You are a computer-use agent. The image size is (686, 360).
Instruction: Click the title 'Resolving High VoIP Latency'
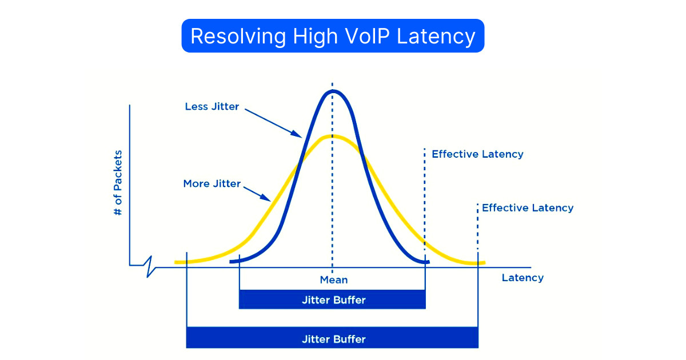333,36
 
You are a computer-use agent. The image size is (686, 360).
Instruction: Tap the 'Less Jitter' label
212,107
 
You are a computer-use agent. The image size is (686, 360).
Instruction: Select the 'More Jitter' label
212,184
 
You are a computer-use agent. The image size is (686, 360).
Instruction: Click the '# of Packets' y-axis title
118,183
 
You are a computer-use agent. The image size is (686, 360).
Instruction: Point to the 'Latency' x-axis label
523,278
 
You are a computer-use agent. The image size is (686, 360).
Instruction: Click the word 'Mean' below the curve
333,280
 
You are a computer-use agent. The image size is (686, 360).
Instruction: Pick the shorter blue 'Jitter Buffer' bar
333,300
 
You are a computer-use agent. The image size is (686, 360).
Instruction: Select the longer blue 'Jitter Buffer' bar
333,339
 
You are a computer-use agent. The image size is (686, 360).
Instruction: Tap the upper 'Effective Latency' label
477,154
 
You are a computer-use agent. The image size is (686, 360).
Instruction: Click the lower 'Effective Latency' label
528,208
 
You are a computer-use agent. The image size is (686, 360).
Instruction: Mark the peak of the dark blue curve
332,91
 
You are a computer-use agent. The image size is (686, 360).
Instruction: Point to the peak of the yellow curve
332,136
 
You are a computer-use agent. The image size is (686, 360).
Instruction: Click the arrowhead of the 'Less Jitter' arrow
298,135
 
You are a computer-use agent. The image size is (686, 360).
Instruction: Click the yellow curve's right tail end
483,263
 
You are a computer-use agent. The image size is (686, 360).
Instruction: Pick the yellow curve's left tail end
177,262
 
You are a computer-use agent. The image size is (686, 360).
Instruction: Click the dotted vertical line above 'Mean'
332,229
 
